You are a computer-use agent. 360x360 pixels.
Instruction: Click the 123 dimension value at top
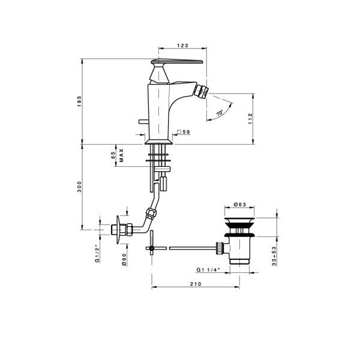pos(182,46)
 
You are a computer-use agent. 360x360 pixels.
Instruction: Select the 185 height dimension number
pos(79,101)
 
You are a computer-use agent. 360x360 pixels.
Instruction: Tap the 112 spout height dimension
pos(250,119)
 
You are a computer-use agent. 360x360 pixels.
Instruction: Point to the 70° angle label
pos(220,113)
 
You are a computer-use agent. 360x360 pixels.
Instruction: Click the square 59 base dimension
pos(184,132)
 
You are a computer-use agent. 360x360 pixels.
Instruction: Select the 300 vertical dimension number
pos(79,187)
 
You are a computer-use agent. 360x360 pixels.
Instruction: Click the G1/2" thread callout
pos(97,254)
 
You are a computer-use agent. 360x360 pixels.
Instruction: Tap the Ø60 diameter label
pos(124,260)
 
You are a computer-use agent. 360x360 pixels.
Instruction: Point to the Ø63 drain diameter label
pos(239,205)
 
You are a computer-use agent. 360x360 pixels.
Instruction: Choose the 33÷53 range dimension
pos(274,256)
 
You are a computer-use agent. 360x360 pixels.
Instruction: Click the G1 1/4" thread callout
pos(208,270)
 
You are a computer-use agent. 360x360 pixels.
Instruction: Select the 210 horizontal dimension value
pos(196,284)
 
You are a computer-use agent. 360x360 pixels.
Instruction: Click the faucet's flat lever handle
pos(177,62)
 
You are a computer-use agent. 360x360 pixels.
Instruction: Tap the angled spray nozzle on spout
pos(200,91)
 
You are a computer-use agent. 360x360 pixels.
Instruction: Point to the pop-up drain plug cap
pos(239,221)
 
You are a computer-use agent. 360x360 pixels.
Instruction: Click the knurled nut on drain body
pos(220,248)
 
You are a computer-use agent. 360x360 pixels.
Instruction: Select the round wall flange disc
pos(118,230)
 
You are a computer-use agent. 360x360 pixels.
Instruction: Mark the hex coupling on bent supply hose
pos(152,213)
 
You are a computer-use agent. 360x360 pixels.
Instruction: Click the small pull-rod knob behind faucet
pos(143,121)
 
